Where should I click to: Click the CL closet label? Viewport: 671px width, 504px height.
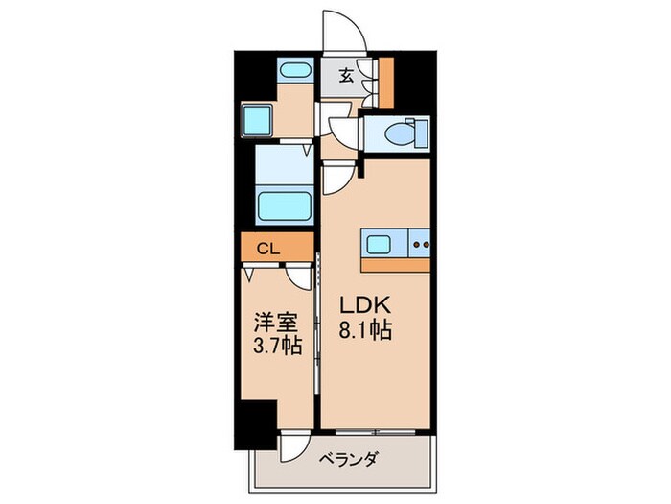click(x=267, y=249)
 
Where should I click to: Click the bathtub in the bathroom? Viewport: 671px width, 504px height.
click(x=285, y=204)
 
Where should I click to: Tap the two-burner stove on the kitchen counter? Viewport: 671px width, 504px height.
click(x=419, y=244)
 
